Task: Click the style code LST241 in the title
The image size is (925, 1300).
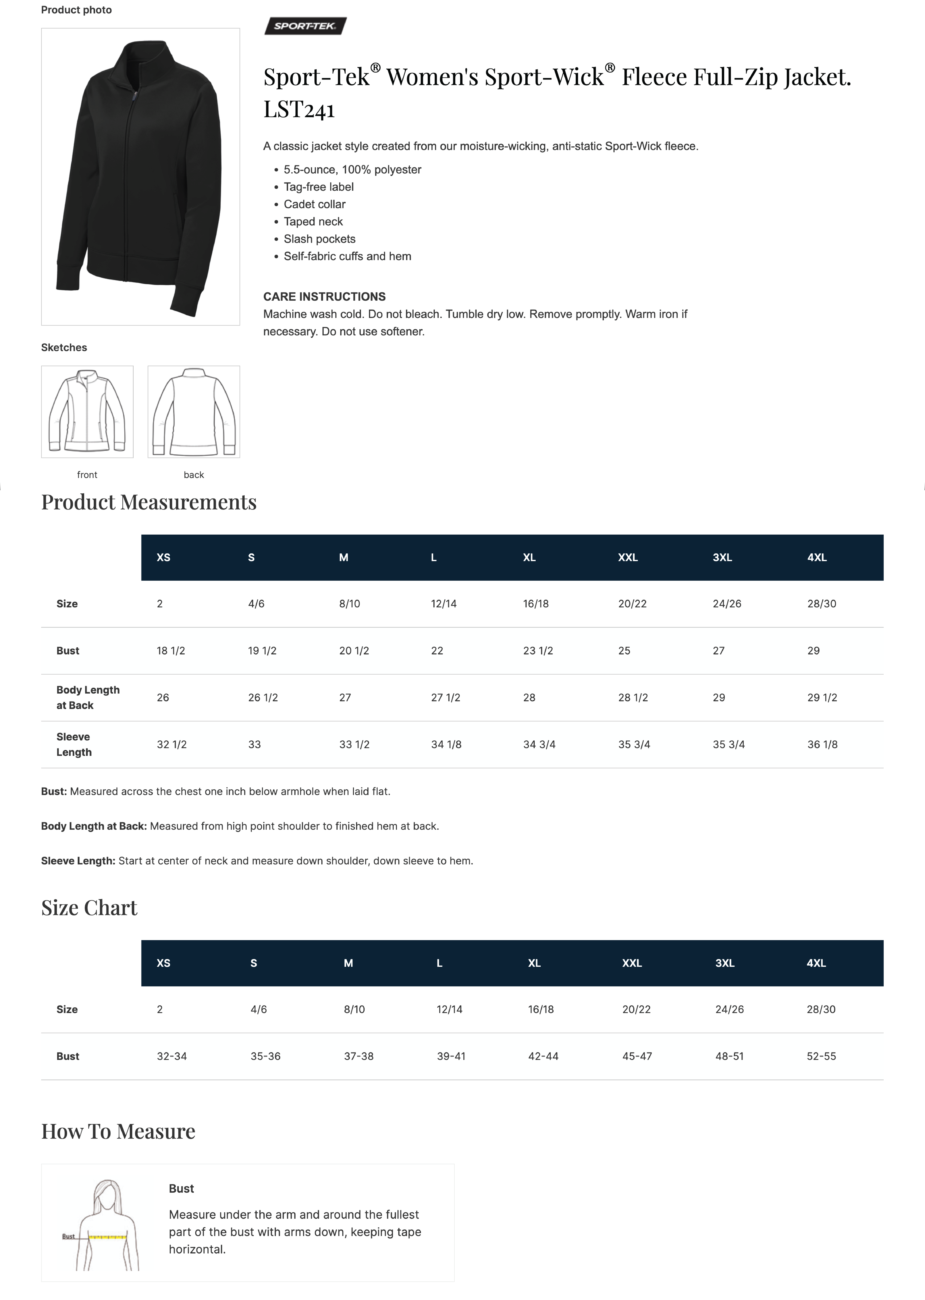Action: coord(299,109)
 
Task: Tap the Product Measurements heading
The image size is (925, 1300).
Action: coord(149,502)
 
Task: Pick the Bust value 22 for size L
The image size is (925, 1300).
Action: coord(437,651)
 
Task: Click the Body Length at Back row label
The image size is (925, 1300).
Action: coord(88,697)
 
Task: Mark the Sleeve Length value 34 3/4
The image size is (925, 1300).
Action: coord(539,745)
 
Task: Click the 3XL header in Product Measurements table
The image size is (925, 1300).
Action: coord(722,558)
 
